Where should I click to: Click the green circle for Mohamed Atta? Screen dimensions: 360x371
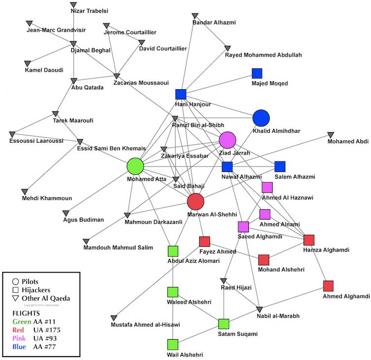coord(135,166)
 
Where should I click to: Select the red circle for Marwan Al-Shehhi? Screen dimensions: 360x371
coord(195,201)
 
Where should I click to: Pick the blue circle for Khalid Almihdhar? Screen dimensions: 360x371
coord(261,118)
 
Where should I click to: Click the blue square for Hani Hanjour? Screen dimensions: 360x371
coord(181,94)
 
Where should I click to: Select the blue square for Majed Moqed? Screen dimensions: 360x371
coord(257,73)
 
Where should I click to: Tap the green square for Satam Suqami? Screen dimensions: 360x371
coord(224,324)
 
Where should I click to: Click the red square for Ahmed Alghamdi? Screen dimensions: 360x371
coord(328,286)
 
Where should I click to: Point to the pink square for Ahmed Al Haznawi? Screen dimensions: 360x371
coord(267,187)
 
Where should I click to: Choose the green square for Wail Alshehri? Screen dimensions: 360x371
coord(172,344)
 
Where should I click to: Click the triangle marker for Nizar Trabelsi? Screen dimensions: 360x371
coord(73,4)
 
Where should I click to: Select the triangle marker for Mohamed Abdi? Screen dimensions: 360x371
coord(331,134)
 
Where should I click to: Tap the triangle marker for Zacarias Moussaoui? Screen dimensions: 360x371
coord(117,76)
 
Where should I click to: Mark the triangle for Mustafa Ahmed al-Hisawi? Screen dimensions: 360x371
coord(114,318)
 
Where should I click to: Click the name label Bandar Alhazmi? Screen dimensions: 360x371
coord(214,23)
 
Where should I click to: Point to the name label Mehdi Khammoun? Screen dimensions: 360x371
coord(47,198)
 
